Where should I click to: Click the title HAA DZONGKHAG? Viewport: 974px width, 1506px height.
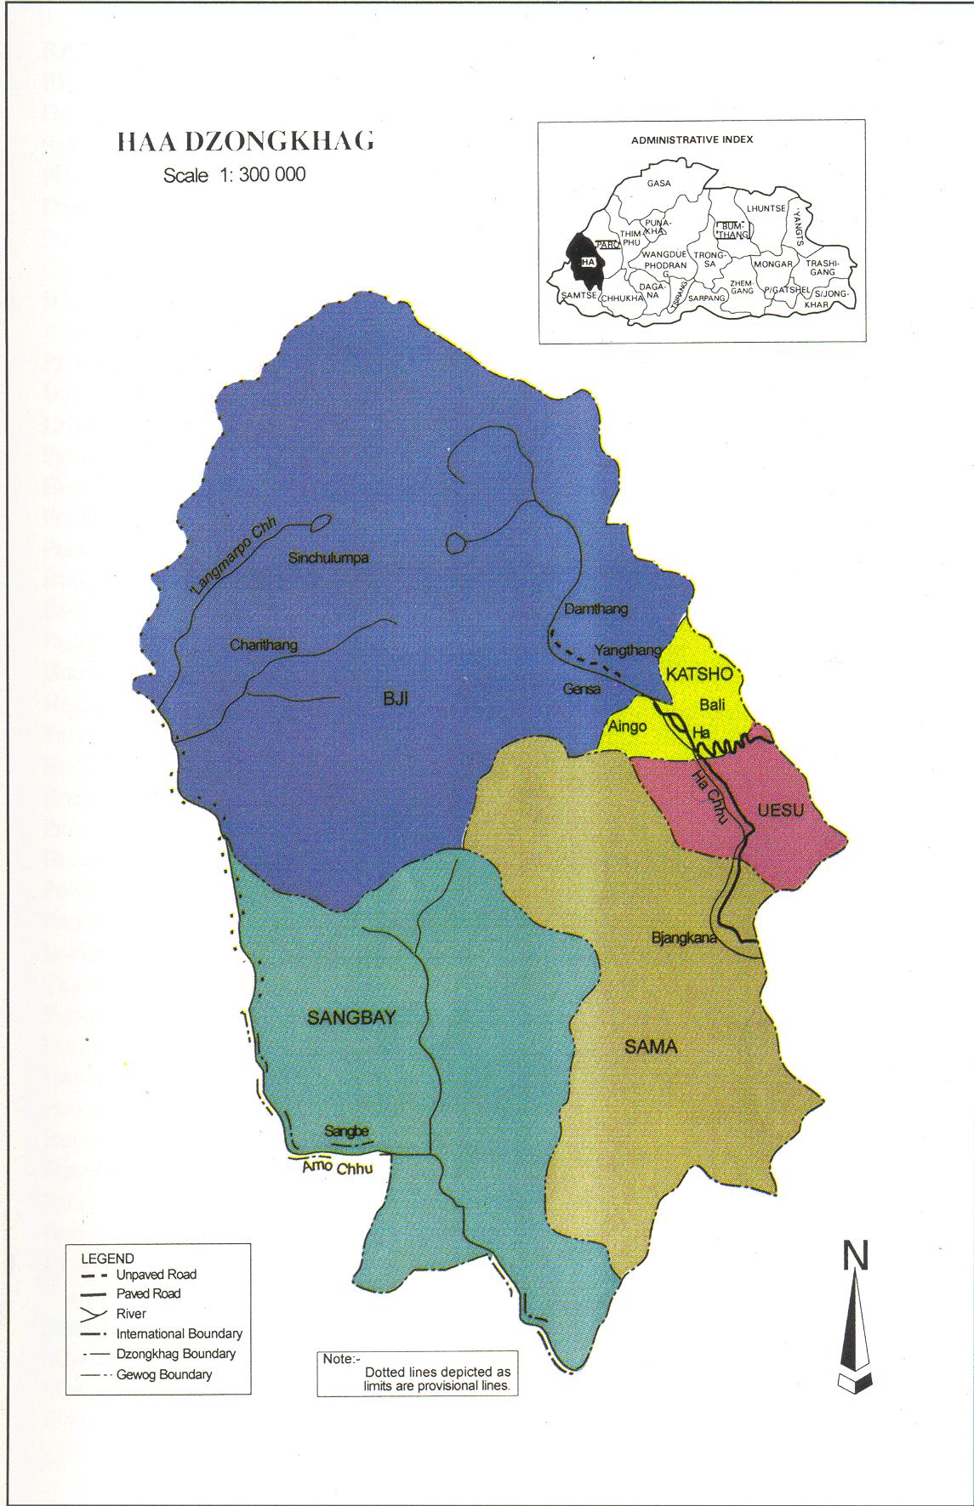245,142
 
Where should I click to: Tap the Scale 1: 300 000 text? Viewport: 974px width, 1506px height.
234,175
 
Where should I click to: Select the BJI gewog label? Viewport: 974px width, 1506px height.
396,699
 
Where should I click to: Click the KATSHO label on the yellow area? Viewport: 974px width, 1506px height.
698,674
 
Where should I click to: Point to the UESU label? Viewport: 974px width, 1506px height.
780,810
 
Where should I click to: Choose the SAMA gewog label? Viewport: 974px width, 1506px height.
651,1047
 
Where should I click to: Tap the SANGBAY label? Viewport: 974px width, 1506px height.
351,1018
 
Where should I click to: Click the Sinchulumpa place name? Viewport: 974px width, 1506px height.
328,559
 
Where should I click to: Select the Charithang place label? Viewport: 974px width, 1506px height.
264,645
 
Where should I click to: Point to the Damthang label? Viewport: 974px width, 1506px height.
595,609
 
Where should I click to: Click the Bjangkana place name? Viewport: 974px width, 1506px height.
684,938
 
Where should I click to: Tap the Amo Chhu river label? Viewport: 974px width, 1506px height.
338,1168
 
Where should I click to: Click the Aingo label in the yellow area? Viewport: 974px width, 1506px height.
627,726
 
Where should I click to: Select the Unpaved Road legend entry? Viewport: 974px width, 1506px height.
156,1275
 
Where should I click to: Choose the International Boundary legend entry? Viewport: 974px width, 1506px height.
179,1334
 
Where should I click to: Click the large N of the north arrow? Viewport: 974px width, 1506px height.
855,1256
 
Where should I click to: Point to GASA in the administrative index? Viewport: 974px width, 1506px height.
658,183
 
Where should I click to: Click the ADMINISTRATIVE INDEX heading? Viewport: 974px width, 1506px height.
692,139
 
